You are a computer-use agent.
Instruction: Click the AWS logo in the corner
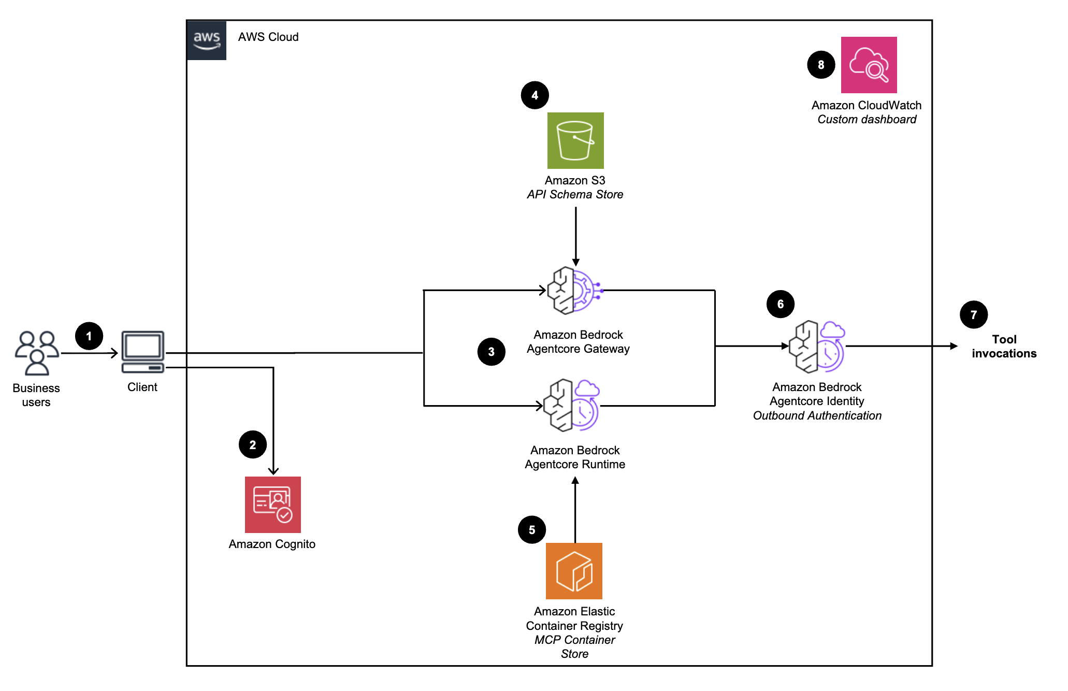pyautogui.click(x=207, y=40)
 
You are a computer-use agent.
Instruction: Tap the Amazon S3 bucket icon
pyautogui.click(x=575, y=140)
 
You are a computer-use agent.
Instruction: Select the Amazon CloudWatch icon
pyautogui.click(x=869, y=65)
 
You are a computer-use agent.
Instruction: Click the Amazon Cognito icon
pyautogui.click(x=273, y=505)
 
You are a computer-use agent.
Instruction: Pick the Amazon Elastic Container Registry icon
pyautogui.click(x=574, y=571)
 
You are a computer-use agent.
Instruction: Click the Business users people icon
pyautogui.click(x=36, y=353)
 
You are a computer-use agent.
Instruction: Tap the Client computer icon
pyautogui.click(x=143, y=352)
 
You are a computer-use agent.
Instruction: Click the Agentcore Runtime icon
pyautogui.click(x=572, y=405)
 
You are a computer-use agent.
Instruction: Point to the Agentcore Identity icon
pyautogui.click(x=817, y=347)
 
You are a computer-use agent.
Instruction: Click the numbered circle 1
pyautogui.click(x=89, y=336)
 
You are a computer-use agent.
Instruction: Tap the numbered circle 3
pyautogui.click(x=491, y=352)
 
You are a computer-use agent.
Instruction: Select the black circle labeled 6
pyautogui.click(x=780, y=304)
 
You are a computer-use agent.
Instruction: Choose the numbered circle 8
pyautogui.click(x=821, y=65)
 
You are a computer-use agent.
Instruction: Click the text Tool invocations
pyautogui.click(x=1004, y=347)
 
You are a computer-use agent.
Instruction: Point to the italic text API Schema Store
pyautogui.click(x=575, y=194)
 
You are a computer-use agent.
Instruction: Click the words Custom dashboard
pyautogui.click(x=867, y=119)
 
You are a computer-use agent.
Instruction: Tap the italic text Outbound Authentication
pyautogui.click(x=817, y=415)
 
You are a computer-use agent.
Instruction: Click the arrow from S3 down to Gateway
pyautogui.click(x=575, y=236)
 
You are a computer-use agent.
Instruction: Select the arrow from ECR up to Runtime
pyautogui.click(x=575, y=510)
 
